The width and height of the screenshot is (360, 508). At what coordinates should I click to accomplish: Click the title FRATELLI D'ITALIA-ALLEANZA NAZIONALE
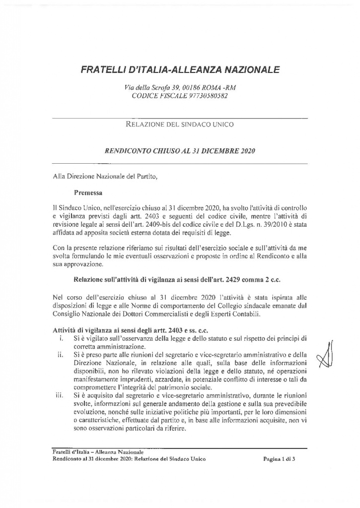180,69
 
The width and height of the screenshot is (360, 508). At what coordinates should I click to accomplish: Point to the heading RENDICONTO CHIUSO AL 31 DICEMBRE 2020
180,150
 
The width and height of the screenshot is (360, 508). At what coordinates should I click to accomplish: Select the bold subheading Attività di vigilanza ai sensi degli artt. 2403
136,330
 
